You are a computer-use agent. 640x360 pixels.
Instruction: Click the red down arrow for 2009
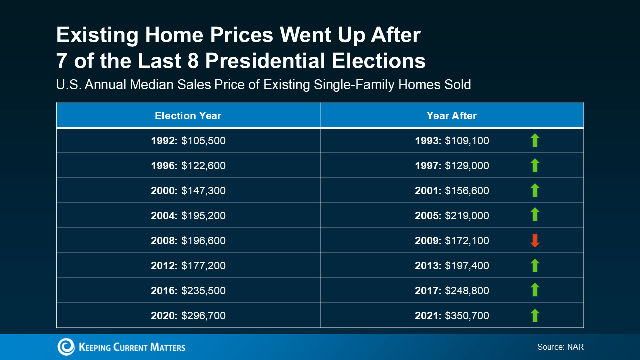pyautogui.click(x=535, y=241)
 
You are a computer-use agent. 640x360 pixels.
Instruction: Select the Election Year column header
pyautogui.click(x=188, y=116)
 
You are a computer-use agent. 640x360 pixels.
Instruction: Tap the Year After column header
pyautogui.click(x=451, y=116)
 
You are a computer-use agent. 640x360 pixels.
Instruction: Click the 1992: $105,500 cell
pyautogui.click(x=188, y=141)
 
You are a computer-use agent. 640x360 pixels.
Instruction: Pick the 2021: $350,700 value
pyautogui.click(x=452, y=316)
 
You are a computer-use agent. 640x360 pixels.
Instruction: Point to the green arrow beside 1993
pyautogui.click(x=535, y=140)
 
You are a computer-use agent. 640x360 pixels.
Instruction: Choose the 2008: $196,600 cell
pyautogui.click(x=188, y=241)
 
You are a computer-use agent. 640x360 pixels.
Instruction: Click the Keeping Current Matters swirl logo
pyautogui.click(x=66, y=347)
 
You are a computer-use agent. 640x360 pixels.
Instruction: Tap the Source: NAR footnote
pyautogui.click(x=560, y=347)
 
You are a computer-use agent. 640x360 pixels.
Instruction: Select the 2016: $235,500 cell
pyautogui.click(x=188, y=291)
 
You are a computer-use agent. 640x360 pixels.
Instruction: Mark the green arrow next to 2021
pyautogui.click(x=535, y=315)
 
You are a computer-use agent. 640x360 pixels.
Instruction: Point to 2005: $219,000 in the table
pyautogui.click(x=452, y=216)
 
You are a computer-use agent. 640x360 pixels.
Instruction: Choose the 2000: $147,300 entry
pyautogui.click(x=188, y=191)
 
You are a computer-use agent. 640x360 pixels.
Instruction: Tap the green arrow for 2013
pyautogui.click(x=535, y=265)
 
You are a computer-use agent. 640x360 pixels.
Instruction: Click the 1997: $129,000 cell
pyautogui.click(x=452, y=166)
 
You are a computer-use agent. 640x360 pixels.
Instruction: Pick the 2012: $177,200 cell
pyautogui.click(x=188, y=266)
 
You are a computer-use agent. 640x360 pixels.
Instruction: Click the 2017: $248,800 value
pyautogui.click(x=452, y=291)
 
